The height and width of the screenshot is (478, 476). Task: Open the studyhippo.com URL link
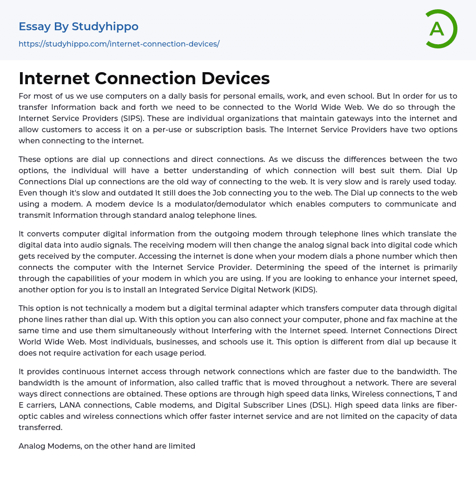119,44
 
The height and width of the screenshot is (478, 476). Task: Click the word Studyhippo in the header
105,27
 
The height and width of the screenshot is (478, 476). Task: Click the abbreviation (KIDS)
304,289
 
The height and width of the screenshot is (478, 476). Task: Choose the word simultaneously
98,330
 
